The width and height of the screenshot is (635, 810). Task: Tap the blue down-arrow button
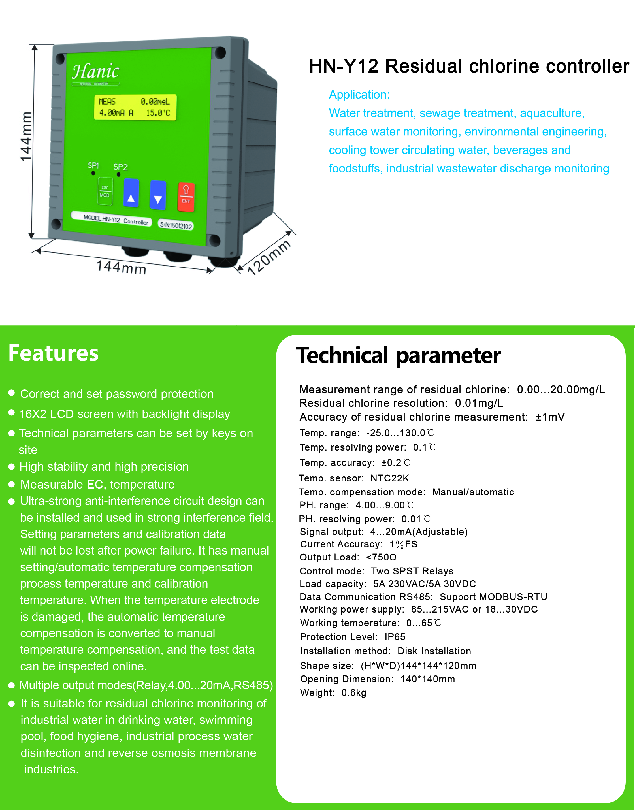tap(158, 195)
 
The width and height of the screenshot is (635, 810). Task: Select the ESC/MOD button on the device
tap(105, 191)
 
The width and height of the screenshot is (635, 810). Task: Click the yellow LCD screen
tap(135, 107)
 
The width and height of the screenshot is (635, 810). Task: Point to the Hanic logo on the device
tap(95, 71)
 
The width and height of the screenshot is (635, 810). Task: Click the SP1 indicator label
tap(93, 165)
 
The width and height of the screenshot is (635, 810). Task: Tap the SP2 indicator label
tap(120, 167)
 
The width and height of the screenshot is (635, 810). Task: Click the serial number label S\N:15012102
tap(176, 225)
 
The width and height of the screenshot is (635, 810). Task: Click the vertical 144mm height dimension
tap(26, 137)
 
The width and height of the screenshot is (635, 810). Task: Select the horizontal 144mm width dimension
tap(121, 267)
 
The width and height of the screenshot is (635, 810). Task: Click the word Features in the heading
tap(54, 353)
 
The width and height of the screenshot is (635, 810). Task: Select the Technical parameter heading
tap(398, 355)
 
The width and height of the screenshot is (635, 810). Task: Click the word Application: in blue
tap(359, 95)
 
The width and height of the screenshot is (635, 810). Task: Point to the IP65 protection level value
tap(395, 637)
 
